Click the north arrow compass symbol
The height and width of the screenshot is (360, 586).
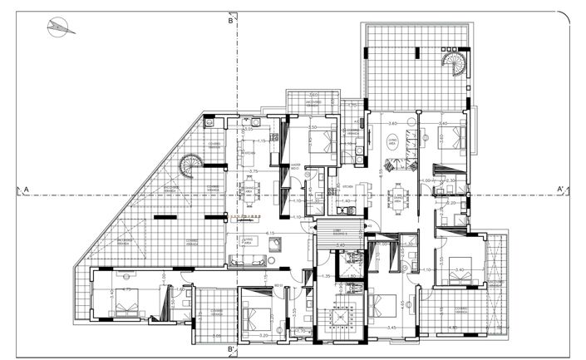(x=60, y=27)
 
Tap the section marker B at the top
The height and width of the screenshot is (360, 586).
(x=231, y=21)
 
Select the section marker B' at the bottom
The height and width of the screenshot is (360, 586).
(x=233, y=349)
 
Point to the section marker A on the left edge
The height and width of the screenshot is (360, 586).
(x=27, y=190)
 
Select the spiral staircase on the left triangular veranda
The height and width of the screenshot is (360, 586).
(x=190, y=166)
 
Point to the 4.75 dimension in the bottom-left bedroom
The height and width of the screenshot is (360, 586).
(x=127, y=290)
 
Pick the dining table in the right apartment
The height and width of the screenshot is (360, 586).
(x=397, y=198)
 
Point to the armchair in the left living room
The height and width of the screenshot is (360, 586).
(x=276, y=243)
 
